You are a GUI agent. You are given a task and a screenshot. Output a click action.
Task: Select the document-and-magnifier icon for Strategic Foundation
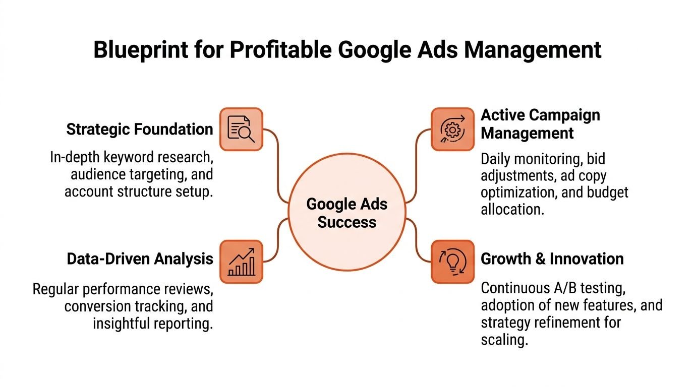(241, 129)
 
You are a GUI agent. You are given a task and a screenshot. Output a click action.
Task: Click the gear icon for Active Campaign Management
(452, 129)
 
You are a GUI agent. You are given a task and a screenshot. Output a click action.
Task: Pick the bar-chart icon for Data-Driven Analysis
(241, 261)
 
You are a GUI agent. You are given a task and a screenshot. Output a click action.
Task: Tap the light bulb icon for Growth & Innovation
(452, 261)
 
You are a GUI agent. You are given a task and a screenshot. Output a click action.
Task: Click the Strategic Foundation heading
(140, 130)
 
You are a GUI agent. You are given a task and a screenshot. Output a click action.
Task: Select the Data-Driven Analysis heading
(140, 259)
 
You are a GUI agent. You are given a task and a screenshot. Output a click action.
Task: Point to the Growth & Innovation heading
(552, 259)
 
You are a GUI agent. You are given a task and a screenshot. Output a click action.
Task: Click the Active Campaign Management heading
(540, 124)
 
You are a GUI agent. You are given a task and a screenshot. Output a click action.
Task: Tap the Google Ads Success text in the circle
(347, 213)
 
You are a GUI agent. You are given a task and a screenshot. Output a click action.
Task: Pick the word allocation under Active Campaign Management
(512, 209)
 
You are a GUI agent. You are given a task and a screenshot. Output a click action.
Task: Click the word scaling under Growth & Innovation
(504, 340)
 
